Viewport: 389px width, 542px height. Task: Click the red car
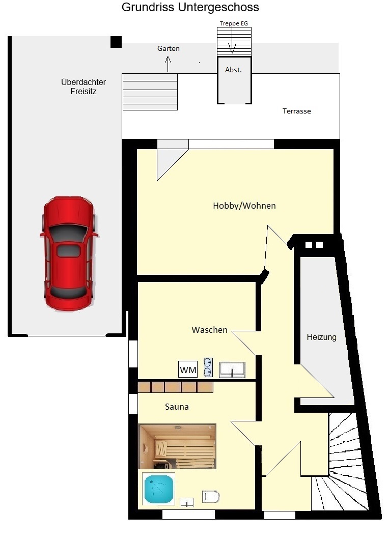pyautogui.click(x=69, y=253)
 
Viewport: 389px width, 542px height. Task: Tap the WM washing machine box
pyautogui.click(x=188, y=369)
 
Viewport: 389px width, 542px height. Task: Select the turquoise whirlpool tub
pyautogui.click(x=158, y=489)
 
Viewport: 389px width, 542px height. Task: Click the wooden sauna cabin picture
pyautogui.click(x=177, y=446)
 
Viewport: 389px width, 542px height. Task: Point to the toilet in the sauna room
pyautogui.click(x=211, y=497)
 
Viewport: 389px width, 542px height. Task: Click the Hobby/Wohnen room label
pyautogui.click(x=244, y=206)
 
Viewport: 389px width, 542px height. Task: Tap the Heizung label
pyautogui.click(x=322, y=337)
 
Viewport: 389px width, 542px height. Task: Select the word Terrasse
pyautogui.click(x=297, y=111)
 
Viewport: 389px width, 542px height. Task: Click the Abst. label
pyautogui.click(x=233, y=70)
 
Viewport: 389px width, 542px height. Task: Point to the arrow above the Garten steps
pyautogui.click(x=168, y=64)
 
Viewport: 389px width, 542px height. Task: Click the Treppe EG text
pyautogui.click(x=234, y=23)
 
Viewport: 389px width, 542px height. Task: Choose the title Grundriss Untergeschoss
pyautogui.click(x=190, y=7)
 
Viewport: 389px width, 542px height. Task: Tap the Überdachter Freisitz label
pyautogui.click(x=84, y=87)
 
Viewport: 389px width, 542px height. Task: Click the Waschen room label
pyautogui.click(x=210, y=330)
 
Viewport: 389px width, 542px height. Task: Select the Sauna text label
pyautogui.click(x=177, y=407)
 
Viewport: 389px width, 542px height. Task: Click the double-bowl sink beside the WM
pyautogui.click(x=208, y=367)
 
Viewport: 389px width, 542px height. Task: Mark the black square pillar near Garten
pyautogui.click(x=116, y=42)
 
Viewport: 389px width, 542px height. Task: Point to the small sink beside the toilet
pyautogui.click(x=187, y=503)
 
